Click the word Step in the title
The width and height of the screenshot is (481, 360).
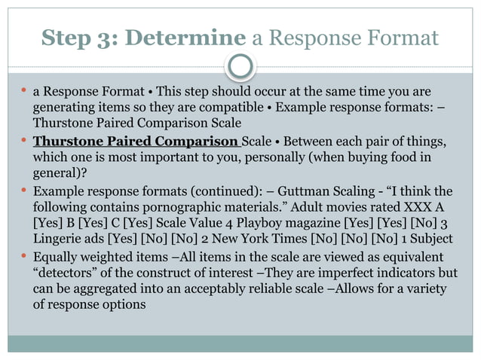(x=65, y=38)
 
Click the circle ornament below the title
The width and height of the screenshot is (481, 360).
(x=240, y=66)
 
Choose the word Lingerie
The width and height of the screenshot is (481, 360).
(x=60, y=239)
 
